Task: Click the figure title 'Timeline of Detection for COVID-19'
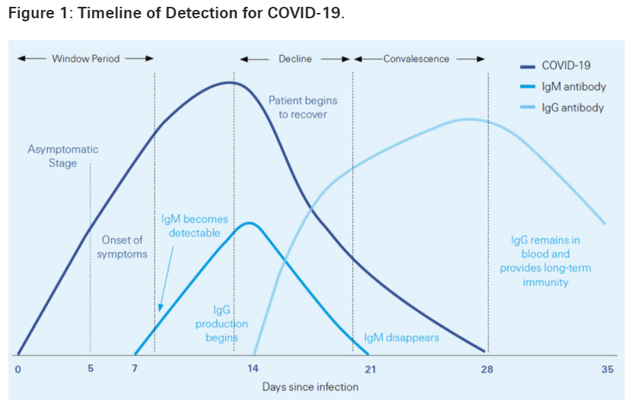177,15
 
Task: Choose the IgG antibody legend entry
573,108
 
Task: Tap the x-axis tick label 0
17,370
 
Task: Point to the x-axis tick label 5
91,370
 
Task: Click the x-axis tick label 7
135,370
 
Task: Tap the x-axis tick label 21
371,370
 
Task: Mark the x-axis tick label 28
487,370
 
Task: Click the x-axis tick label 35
606,370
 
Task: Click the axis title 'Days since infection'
310,387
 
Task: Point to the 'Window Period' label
86,59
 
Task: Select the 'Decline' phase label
294,59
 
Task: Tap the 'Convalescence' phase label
416,59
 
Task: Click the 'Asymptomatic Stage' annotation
63,157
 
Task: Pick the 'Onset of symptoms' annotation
122,247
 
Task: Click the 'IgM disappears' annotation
402,338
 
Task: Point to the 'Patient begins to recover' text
302,107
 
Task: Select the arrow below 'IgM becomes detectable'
165,277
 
